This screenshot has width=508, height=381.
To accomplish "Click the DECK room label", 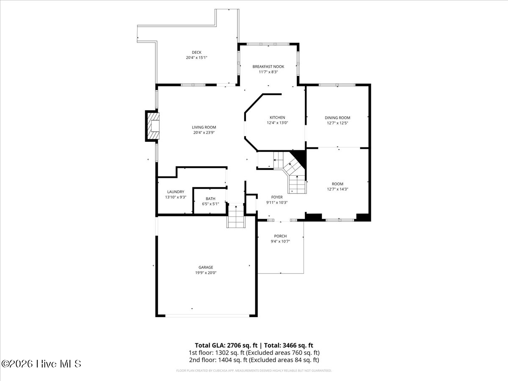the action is click(x=196, y=52).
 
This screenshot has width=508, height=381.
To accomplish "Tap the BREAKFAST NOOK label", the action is click(x=268, y=66).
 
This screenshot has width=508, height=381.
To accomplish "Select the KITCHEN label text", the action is click(x=277, y=118).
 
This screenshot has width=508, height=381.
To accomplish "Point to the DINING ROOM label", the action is click(x=337, y=118).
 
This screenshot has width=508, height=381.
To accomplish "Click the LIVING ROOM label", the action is click(x=204, y=127).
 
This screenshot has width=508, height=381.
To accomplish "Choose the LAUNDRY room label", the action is click(x=176, y=192).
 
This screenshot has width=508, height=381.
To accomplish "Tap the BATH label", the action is click(x=210, y=199).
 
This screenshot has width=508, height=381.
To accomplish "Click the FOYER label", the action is click(x=277, y=197).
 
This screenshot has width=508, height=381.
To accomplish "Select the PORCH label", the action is click(x=280, y=236).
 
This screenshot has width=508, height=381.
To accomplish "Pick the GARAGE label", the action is click(x=206, y=267).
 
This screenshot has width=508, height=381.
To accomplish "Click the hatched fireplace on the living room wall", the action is click(x=153, y=126).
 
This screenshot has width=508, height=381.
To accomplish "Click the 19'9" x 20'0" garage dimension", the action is click(x=206, y=273).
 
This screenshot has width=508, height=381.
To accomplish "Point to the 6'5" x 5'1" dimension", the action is click(x=210, y=204).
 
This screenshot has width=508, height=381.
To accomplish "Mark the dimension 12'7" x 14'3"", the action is click(x=337, y=189).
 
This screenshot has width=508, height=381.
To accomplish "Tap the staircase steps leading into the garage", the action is click(x=236, y=216).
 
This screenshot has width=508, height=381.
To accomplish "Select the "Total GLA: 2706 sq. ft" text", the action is click(x=226, y=345).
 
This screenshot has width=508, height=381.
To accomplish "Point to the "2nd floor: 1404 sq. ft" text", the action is click(x=217, y=360).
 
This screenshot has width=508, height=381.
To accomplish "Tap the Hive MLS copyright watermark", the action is click(x=41, y=364).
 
